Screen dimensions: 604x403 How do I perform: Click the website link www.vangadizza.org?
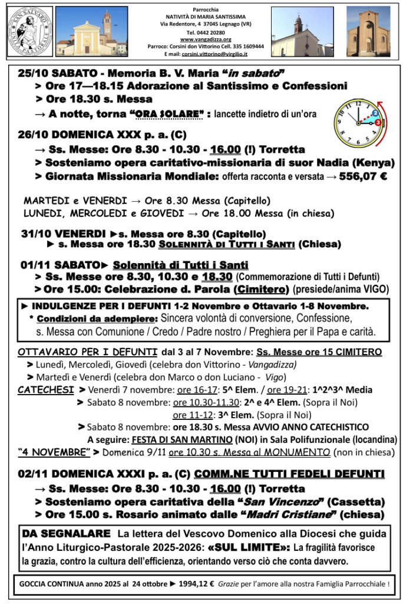coord(201,39)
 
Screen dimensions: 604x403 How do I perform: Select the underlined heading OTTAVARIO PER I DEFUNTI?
coord(87,352)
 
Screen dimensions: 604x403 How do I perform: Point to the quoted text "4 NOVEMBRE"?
coord(54,452)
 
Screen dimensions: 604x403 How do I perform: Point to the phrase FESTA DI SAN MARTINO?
coord(181,439)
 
